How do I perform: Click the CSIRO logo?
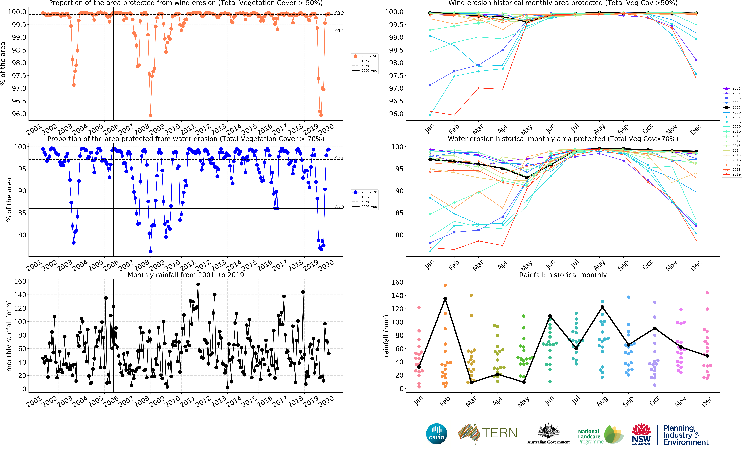(436, 434)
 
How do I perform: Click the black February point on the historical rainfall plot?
(445, 299)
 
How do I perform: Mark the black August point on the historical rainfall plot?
(602, 307)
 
